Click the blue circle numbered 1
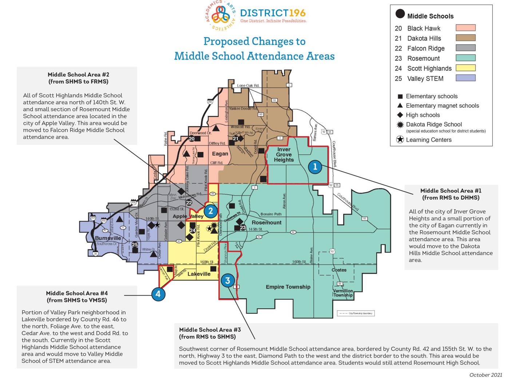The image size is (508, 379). pyautogui.click(x=315, y=167)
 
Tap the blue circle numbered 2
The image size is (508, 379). pyautogui.click(x=210, y=211)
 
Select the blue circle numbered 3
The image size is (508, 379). pyautogui.click(x=228, y=281)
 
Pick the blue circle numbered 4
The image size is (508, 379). pyautogui.click(x=158, y=294)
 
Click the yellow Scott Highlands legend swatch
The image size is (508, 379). pyautogui.click(x=465, y=68)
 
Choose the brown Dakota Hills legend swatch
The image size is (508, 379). pyautogui.click(x=465, y=38)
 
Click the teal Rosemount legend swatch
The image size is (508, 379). pyautogui.click(x=465, y=58)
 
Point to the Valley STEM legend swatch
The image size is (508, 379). pyautogui.click(x=465, y=78)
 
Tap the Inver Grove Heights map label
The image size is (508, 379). pyautogui.click(x=284, y=154)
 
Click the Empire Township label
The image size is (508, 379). pyautogui.click(x=288, y=287)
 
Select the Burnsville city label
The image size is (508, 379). pyautogui.click(x=108, y=238)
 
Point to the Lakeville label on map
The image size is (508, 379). pyautogui.click(x=199, y=274)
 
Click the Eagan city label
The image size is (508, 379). pyautogui.click(x=220, y=154)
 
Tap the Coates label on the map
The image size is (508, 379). pyautogui.click(x=339, y=270)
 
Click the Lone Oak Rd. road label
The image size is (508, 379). pyautogui.click(x=248, y=86)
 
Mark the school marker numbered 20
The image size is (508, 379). pyautogui.click(x=192, y=139)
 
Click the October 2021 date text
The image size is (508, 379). pyautogui.click(x=485, y=375)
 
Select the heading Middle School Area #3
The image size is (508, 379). pyautogui.click(x=210, y=330)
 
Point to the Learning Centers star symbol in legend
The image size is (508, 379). pyautogui.click(x=400, y=140)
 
